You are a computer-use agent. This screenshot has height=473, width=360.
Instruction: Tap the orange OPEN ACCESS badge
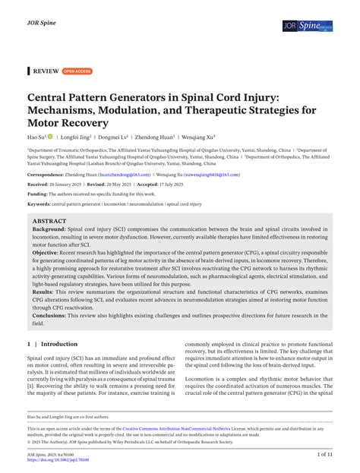(x=77, y=71)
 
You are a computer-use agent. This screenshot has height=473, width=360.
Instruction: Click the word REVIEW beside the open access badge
(x=46, y=71)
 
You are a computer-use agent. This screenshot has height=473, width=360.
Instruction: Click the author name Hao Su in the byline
(x=36, y=137)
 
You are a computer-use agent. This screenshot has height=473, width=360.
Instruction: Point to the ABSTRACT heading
(x=49, y=221)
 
